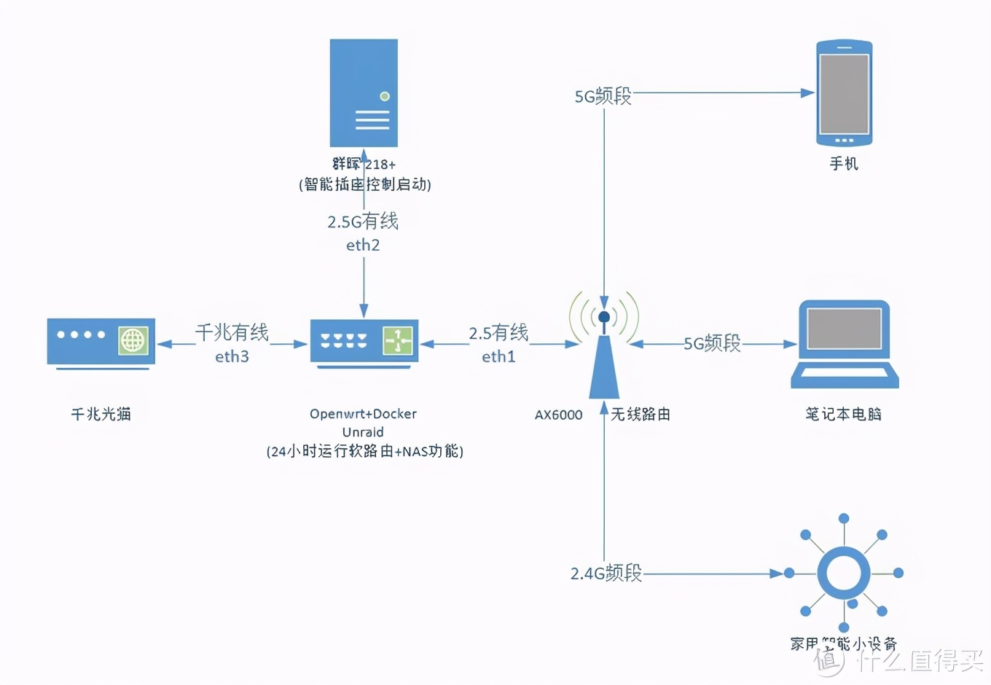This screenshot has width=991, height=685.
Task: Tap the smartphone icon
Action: pos(844,93)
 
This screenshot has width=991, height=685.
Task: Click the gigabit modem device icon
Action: pos(101,341)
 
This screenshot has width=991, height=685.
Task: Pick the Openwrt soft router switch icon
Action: pos(364,341)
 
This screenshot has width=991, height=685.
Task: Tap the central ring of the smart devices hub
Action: pos(843,573)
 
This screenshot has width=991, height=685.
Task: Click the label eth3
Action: pos(232,356)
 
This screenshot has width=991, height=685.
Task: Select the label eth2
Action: pos(363,245)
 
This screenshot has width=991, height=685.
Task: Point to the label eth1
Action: pos(498,356)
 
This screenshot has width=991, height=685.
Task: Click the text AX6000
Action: pos(559,415)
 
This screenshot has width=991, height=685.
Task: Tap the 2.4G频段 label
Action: pos(606,573)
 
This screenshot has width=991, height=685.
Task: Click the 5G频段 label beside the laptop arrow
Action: pos(712,343)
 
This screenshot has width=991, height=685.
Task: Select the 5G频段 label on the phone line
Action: pos(603,95)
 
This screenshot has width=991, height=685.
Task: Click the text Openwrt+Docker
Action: pos(363,414)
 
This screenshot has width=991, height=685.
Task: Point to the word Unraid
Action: pos(363,432)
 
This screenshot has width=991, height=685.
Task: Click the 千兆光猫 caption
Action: pos(101,414)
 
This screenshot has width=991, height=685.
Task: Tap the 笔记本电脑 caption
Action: pos(843,414)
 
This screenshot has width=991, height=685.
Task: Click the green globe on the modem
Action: pos(133,340)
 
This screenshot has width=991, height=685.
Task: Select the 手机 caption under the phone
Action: pos(844,163)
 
